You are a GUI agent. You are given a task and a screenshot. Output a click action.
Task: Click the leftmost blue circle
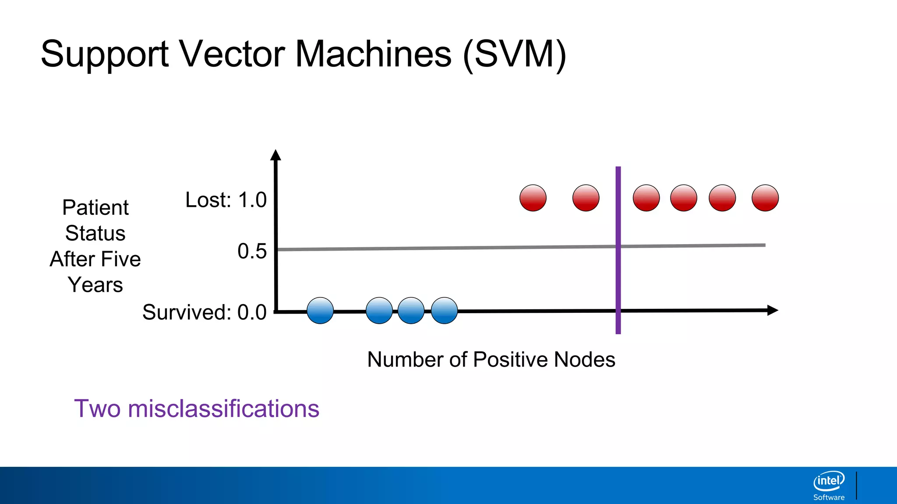(x=320, y=311)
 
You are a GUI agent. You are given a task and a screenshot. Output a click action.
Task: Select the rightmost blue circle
(x=444, y=311)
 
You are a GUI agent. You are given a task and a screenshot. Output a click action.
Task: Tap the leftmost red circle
(x=533, y=198)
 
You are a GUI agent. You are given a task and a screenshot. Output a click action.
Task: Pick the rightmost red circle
(x=765, y=198)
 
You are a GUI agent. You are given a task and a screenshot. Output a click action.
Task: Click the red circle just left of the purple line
(x=586, y=198)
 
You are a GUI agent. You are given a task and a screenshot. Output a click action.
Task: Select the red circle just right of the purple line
(x=646, y=198)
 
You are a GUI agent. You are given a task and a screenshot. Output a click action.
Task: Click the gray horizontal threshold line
(x=438, y=248)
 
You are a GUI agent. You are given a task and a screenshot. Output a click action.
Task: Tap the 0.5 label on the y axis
(x=252, y=252)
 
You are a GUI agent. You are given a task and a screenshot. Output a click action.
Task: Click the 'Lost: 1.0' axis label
(x=226, y=200)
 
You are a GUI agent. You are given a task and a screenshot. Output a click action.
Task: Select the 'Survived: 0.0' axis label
(x=204, y=312)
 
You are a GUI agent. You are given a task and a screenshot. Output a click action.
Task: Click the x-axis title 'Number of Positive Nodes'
(x=491, y=360)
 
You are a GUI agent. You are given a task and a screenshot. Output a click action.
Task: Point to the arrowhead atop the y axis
(x=275, y=155)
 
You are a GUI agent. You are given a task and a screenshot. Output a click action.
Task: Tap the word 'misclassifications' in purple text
(x=223, y=409)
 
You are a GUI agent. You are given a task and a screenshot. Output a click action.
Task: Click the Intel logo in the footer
(x=829, y=481)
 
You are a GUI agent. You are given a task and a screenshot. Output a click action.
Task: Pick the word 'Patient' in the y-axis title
(x=95, y=207)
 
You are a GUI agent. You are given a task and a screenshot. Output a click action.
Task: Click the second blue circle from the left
(x=379, y=311)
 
